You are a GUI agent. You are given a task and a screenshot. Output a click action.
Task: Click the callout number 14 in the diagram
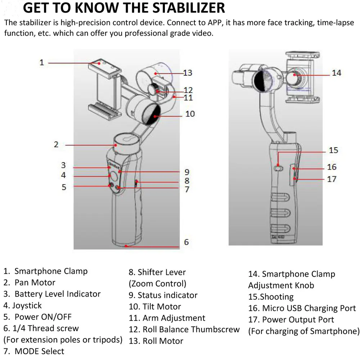coord(336,73)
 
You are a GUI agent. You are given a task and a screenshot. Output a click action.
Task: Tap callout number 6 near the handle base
coord(186,242)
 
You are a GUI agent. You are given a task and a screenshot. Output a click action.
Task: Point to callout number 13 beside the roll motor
coord(188,73)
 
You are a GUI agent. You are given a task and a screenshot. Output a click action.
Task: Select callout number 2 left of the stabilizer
coord(56,144)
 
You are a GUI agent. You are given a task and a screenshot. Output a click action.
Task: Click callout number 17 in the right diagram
coord(332,179)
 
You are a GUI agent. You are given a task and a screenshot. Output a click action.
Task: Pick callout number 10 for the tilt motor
coord(190,114)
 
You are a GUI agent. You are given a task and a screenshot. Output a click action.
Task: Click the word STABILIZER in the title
coord(180,8)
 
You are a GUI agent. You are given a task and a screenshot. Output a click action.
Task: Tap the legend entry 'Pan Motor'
coord(35,283)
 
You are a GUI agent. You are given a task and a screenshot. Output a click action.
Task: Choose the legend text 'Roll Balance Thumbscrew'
coord(191,329)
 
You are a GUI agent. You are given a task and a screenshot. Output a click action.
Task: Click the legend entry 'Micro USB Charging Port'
coord(309,309)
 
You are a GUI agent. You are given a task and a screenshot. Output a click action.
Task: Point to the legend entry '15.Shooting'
coord(271,297)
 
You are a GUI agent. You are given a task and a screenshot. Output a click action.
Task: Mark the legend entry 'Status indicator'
coord(167,295)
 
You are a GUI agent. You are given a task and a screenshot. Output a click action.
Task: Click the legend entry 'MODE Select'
coord(39,351)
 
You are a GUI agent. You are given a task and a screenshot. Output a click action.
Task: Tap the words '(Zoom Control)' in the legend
coord(157,284)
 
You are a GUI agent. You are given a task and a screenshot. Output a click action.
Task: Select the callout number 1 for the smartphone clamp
coord(42,63)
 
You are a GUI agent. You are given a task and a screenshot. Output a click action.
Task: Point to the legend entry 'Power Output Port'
coord(298,320)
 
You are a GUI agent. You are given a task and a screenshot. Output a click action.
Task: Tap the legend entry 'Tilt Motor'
coord(162,307)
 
